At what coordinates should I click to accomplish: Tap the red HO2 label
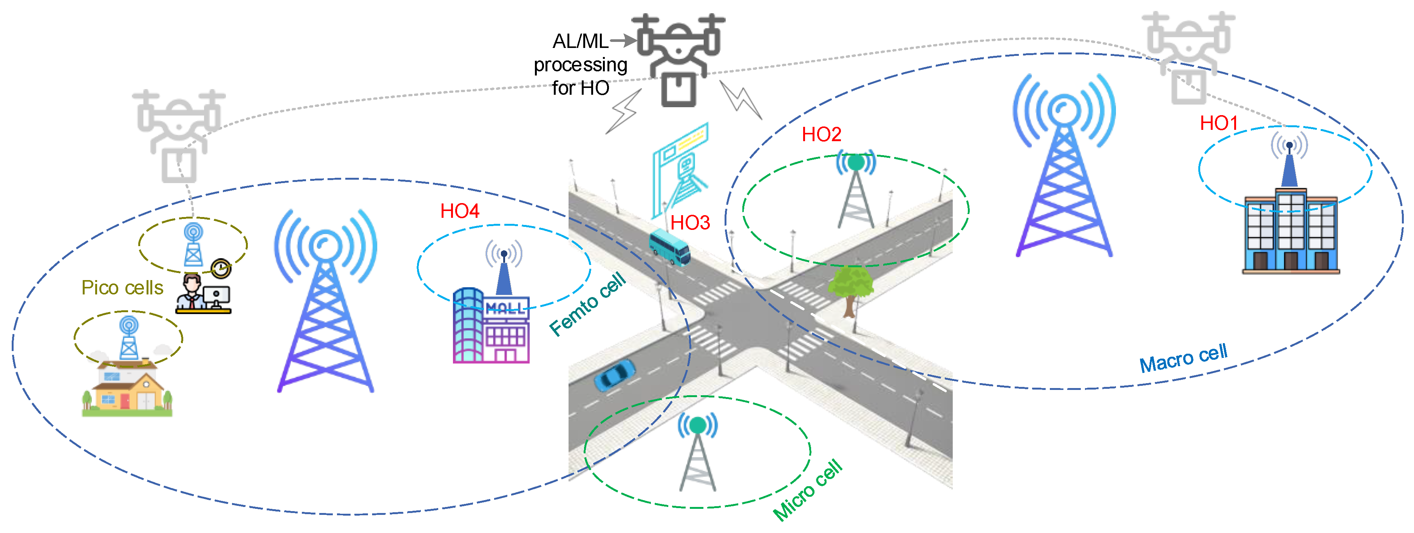coord(821,134)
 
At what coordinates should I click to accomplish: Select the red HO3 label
coord(690,223)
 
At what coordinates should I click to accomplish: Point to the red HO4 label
coord(459,211)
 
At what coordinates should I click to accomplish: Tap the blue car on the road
coord(614,375)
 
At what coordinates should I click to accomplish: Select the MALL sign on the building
coord(505,307)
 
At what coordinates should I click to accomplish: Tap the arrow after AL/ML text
coord(623,40)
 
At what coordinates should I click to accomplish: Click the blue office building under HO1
coord(1290,233)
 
